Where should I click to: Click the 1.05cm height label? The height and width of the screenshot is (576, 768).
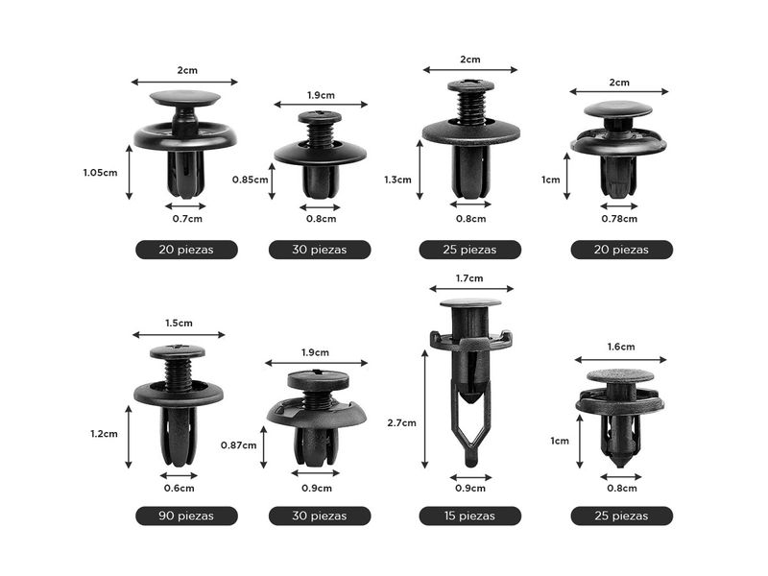(100, 173)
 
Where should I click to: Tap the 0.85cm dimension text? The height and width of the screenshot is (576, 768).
(250, 180)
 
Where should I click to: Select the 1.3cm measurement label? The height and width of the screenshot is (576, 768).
(397, 180)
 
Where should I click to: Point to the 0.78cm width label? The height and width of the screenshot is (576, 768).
(619, 219)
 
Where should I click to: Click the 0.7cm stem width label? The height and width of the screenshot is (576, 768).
(187, 219)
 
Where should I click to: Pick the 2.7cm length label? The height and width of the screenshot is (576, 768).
(401, 422)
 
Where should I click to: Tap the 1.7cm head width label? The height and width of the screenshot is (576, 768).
(469, 278)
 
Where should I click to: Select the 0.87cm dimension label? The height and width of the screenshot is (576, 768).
(238, 445)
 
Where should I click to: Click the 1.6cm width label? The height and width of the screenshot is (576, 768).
(620, 347)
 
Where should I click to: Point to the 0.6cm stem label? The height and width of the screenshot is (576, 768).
(179, 489)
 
